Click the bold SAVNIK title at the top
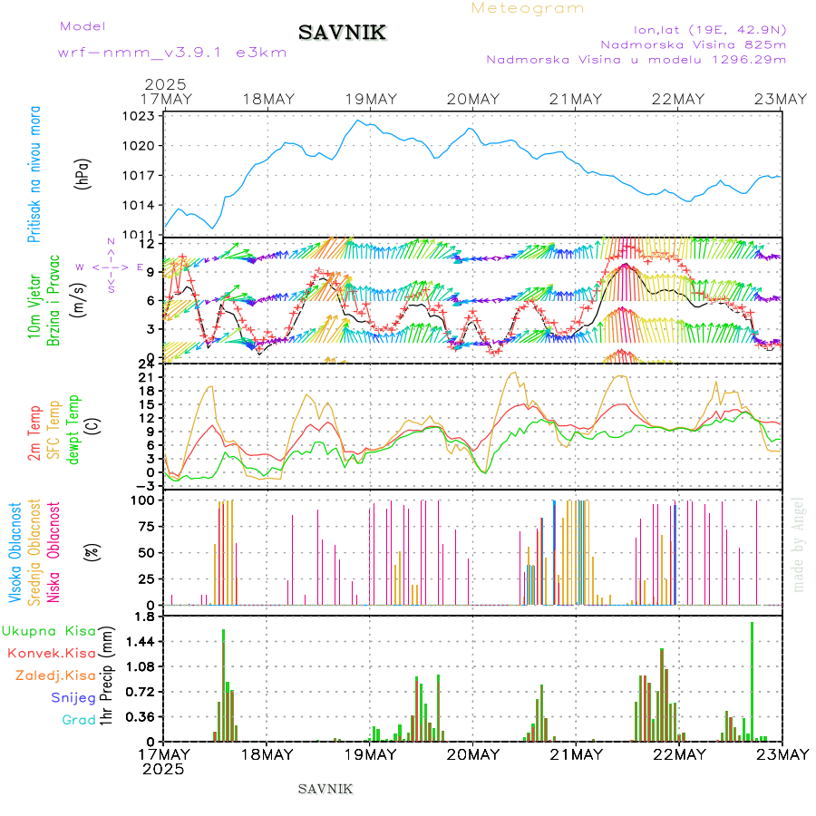(x=342, y=33)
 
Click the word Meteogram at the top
(x=528, y=8)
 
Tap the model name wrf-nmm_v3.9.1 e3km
(x=172, y=52)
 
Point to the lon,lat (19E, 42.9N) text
(x=710, y=27)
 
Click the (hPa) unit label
(x=83, y=172)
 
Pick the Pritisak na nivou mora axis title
(x=34, y=175)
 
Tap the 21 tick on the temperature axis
(x=145, y=377)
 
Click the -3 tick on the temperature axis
(x=143, y=485)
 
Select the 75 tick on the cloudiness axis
(x=145, y=526)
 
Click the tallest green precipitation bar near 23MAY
(x=752, y=680)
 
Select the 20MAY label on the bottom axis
(x=472, y=754)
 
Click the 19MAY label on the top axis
(x=369, y=99)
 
